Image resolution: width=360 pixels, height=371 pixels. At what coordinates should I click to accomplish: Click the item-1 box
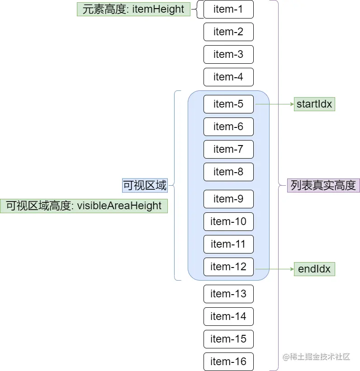228,9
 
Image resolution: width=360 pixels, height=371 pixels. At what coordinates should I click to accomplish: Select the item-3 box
228,55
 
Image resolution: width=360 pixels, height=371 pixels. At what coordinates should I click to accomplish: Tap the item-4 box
228,77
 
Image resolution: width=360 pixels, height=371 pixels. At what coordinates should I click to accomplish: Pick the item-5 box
228,104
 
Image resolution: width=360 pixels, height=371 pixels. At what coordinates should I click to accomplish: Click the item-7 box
228,150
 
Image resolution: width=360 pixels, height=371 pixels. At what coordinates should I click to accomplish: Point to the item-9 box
228,199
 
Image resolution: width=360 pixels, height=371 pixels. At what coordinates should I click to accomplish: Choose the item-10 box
228,222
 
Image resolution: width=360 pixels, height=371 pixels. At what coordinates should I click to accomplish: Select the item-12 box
228,267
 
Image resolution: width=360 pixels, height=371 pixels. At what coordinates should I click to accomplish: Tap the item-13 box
228,294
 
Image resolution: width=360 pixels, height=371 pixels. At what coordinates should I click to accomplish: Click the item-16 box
228,362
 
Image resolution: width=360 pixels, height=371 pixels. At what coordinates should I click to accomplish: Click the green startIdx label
314,104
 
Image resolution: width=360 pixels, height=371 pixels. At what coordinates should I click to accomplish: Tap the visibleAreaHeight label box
84,206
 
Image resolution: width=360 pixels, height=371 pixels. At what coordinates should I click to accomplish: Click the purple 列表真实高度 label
323,186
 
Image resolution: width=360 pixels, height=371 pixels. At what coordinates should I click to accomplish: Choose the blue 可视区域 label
145,185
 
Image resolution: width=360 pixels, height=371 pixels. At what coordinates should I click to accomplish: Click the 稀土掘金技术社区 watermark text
317,357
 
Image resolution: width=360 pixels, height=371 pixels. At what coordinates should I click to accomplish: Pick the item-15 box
228,339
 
